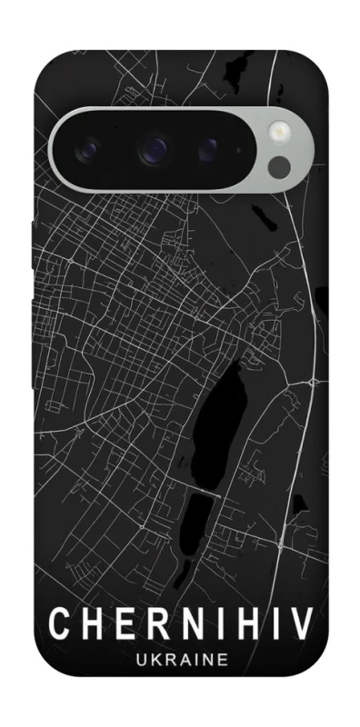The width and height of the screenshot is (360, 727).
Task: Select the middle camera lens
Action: click(155, 146)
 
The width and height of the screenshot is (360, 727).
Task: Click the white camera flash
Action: click(278, 133)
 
